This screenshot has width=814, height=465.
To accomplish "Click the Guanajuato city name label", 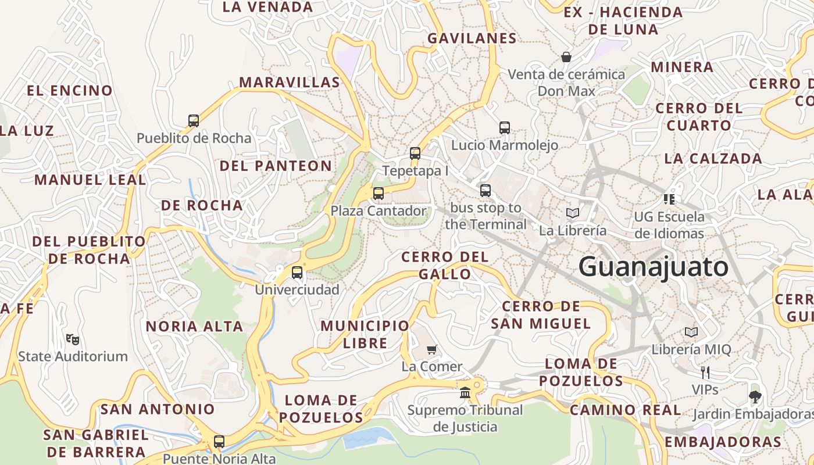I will point(653,267).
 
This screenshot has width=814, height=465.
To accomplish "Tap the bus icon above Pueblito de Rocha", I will point(194,121).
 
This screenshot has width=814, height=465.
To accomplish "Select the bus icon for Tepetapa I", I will point(415,153).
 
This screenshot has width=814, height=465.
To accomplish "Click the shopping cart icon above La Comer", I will point(431,349).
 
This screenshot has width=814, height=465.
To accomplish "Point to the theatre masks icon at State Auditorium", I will point(73,339).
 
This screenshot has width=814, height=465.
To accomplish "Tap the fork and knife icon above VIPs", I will point(705,372).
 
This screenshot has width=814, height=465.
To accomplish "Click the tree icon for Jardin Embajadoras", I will point(755,397).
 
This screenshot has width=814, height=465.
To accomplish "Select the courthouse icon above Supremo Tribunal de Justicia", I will point(465,392).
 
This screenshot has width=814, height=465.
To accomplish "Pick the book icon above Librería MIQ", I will point(691,332).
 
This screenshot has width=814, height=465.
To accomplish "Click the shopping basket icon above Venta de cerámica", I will point(566,57).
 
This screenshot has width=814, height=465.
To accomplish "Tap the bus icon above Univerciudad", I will point(297,272).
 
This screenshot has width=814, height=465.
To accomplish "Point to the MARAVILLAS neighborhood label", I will point(290,82).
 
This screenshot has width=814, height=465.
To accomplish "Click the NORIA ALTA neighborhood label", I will point(194,326).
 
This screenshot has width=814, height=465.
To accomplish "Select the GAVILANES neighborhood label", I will point(472,38).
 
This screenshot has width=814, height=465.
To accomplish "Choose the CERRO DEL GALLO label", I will point(445,265).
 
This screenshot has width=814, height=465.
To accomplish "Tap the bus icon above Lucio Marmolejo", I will point(505,127).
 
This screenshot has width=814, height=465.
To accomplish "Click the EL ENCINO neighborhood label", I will point(70,91).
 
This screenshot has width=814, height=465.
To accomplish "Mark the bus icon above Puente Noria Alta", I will point(219,442).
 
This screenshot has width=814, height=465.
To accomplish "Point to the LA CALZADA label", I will point(713,158).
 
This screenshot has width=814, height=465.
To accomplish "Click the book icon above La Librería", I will point(573,213).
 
